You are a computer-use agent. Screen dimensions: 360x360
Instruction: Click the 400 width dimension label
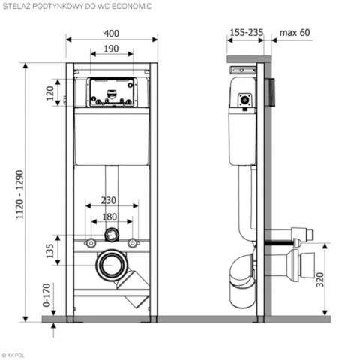point(112,34)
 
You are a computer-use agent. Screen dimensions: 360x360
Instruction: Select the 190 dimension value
point(111,49)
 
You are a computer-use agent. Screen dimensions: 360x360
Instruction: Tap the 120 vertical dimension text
point(50,93)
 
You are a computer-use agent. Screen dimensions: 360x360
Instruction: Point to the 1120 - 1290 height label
point(20,194)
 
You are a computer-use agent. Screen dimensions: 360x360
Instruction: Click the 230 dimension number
point(109,200)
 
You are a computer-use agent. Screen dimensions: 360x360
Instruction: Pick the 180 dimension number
point(109,217)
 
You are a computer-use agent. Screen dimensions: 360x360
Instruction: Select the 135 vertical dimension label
point(50,250)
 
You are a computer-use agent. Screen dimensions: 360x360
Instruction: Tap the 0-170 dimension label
point(46,295)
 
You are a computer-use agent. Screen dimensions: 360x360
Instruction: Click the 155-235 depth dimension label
point(246,32)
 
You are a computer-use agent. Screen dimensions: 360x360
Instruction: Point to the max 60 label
point(295,32)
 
